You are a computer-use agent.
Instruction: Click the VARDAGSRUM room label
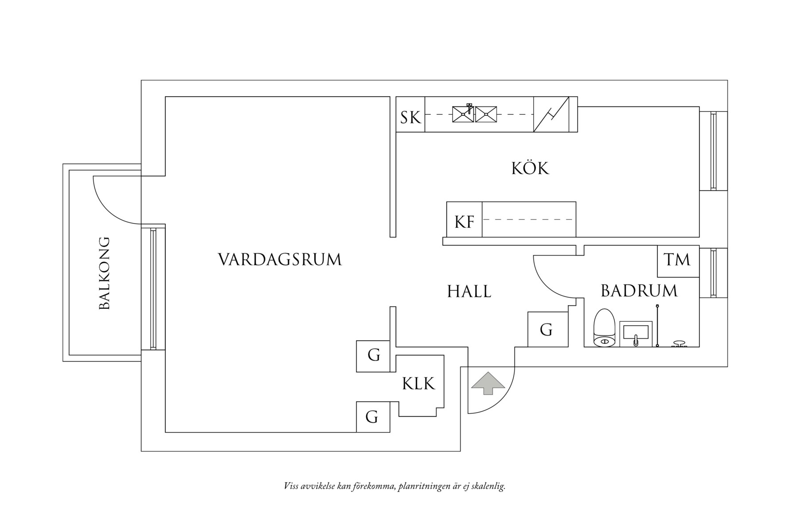[x=280, y=260]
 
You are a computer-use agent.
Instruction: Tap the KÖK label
[x=530, y=169]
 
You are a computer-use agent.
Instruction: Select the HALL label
[x=469, y=292]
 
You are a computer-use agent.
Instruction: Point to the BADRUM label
[x=639, y=291]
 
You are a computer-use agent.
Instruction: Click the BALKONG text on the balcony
[x=104, y=273]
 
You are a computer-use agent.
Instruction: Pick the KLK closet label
[x=418, y=384]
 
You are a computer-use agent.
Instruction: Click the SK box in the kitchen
[x=410, y=118]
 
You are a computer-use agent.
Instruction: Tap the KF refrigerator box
[x=464, y=221]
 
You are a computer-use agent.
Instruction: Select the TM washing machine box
[x=677, y=260]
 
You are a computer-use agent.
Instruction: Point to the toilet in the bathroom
[x=604, y=328]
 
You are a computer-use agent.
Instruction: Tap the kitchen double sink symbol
[x=474, y=114]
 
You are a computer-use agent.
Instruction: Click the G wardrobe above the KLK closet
[x=373, y=356]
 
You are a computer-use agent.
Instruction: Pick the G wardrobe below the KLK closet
[x=372, y=417]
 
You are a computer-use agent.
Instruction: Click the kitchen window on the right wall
[x=713, y=151]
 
